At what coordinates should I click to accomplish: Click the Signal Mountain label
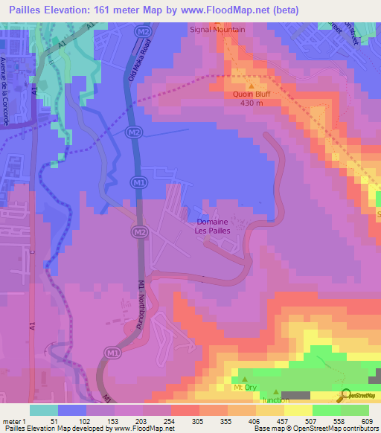point(218,30)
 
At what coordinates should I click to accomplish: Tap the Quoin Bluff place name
point(250,94)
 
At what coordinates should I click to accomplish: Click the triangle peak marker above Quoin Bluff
point(251,85)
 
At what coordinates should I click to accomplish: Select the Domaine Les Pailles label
point(212,226)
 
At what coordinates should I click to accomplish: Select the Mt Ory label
point(243,388)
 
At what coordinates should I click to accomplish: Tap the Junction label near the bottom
point(276,400)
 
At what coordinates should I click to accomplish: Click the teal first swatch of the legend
point(44,410)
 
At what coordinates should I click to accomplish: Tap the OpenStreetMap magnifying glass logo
point(345,397)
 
